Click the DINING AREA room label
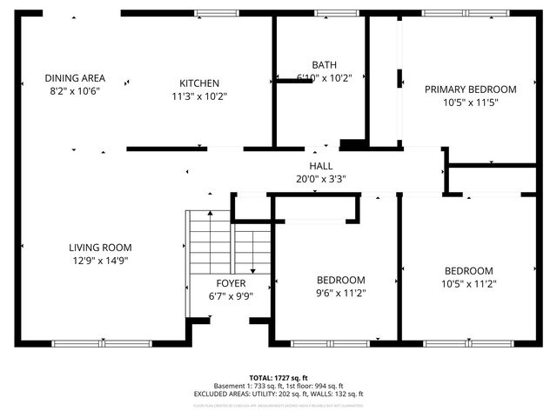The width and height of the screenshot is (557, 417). point(75,78)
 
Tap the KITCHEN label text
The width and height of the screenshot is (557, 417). point(199,83)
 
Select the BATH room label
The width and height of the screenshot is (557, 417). point(324,65)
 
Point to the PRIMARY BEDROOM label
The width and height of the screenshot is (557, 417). point(470,89)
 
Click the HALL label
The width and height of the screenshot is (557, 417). point(321,167)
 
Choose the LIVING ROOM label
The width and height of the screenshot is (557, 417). point(100,248)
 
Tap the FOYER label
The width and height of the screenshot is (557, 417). point(231,284)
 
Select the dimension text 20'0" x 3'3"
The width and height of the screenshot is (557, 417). point(321,180)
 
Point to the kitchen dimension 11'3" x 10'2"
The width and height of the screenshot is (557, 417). point(199,96)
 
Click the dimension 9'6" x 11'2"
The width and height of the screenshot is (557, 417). point(340,293)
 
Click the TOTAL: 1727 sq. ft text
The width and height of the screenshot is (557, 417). point(278,378)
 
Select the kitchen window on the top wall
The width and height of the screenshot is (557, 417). point(218,13)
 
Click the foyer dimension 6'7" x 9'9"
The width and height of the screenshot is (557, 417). point(231,296)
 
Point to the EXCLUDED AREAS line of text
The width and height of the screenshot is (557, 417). point(278,394)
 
